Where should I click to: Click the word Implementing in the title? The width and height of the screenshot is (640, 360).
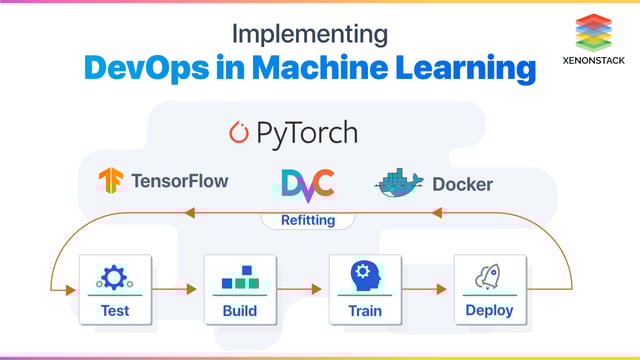pyautogui.click(x=309, y=33)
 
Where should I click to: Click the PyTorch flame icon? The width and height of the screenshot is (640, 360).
pyautogui.click(x=238, y=132)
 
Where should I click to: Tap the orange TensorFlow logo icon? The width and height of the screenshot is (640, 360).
pyautogui.click(x=110, y=181)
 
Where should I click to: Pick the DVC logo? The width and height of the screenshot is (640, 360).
pyautogui.click(x=307, y=183)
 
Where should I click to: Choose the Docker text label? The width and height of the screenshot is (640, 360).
pyautogui.click(x=462, y=184)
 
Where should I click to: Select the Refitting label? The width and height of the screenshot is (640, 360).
pyautogui.click(x=307, y=220)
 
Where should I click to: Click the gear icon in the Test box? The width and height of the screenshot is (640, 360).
pyautogui.click(x=114, y=277)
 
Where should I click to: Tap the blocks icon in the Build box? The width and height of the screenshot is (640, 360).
pyautogui.click(x=240, y=277)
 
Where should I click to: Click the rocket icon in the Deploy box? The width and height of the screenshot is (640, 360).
pyautogui.click(x=489, y=277)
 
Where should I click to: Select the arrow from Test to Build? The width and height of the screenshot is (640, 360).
pyautogui.click(x=177, y=290)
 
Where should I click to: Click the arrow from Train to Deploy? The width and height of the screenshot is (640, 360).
pyautogui.click(x=427, y=290)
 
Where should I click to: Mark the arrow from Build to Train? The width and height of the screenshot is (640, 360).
pyautogui.click(x=302, y=290)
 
